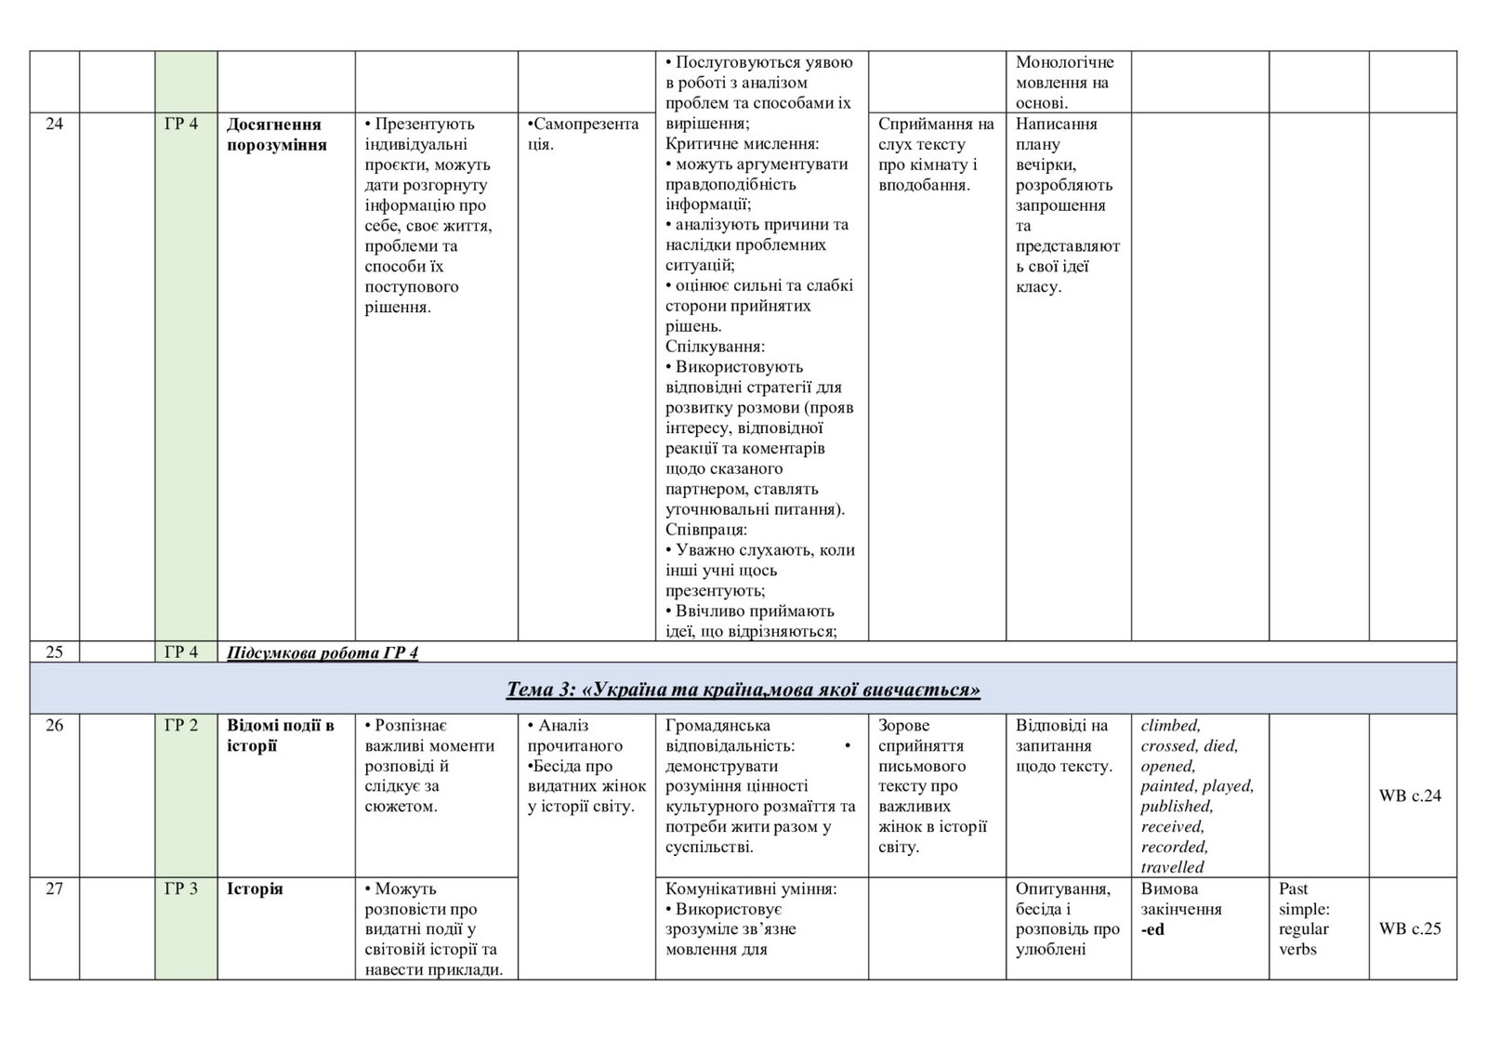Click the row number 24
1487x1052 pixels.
coord(54,125)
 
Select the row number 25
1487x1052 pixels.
coord(54,651)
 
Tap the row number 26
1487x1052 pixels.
coord(54,726)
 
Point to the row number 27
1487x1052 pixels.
coord(54,888)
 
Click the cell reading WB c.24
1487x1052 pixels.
coord(1410,796)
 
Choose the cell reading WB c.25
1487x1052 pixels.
coord(1410,928)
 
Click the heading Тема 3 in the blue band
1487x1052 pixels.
coord(743,690)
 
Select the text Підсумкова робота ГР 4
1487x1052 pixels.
coord(322,652)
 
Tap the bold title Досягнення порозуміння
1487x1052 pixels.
coord(276,135)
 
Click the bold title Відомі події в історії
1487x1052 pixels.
coord(280,736)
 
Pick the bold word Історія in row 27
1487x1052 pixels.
coord(255,889)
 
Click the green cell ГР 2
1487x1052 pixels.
coord(181,726)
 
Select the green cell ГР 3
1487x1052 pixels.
coord(181,888)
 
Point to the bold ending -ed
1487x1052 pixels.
coord(1152,929)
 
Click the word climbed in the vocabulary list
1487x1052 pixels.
coord(1170,726)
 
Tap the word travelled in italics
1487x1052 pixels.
coord(1172,867)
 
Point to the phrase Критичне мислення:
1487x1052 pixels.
coord(743,144)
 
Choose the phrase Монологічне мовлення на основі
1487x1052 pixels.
coord(1064,83)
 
